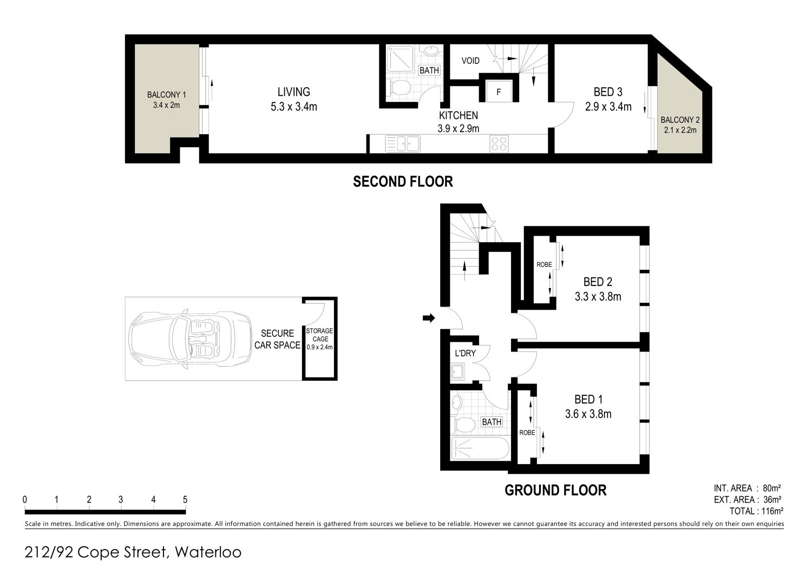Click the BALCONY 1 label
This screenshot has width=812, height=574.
tap(166, 95)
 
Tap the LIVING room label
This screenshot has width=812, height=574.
tap(293, 92)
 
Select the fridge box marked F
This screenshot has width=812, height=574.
tap(499, 92)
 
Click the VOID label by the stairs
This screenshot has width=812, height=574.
tap(470, 61)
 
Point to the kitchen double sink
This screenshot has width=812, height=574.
tap(403, 143)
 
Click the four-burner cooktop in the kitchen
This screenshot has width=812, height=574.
tap(499, 143)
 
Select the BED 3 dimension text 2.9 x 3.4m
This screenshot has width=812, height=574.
tap(608, 107)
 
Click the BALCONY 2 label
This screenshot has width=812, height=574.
tap(680, 120)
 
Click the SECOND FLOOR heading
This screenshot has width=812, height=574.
tap(403, 181)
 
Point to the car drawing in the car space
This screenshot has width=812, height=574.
tap(190, 340)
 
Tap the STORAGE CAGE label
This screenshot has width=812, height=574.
tap(319, 335)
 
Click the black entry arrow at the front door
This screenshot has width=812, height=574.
tap(429, 318)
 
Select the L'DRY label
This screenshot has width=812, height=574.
tap(465, 353)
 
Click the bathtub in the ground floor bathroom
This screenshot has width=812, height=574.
tap(480, 448)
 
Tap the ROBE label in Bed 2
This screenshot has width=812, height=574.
tap(544, 265)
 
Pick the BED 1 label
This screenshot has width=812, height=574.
tap(588, 399)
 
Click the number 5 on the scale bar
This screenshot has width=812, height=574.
tap(185, 500)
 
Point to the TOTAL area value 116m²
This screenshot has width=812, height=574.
tap(772, 511)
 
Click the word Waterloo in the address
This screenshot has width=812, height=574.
tap(208, 552)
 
